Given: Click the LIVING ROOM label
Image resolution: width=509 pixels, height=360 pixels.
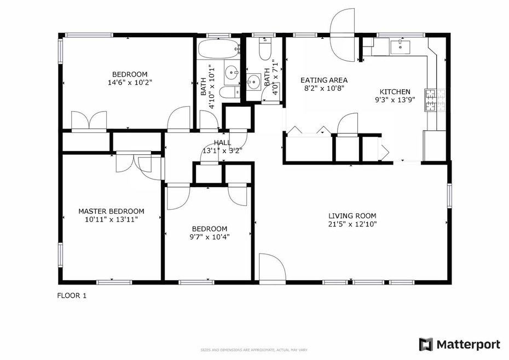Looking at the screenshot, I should click(x=352, y=216).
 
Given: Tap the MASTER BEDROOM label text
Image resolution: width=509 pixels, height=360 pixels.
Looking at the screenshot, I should click(x=111, y=211).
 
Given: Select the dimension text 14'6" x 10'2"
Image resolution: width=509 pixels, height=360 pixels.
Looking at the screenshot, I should click(x=130, y=83).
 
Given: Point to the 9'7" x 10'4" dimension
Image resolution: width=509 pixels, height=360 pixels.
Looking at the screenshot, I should click(x=209, y=237).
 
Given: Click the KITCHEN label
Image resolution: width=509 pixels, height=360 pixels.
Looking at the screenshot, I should click(x=392, y=92).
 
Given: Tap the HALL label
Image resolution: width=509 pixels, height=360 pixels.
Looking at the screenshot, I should click(x=222, y=143).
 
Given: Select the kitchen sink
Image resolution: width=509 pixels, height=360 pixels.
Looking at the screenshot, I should click(x=402, y=46).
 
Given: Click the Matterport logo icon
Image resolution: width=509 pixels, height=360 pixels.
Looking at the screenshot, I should click(x=426, y=344).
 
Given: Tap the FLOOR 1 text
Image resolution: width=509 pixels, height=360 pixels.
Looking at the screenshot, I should click(x=72, y=296).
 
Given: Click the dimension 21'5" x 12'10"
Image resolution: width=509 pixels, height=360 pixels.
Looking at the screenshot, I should click(x=352, y=224).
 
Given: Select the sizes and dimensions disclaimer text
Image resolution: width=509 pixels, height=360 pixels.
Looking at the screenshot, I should click(x=254, y=350).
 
